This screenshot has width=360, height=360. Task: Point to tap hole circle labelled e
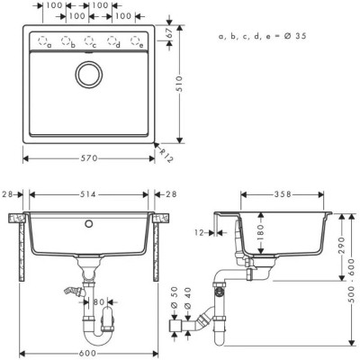coord(137,41)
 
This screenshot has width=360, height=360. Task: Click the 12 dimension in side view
coord(223,231)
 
